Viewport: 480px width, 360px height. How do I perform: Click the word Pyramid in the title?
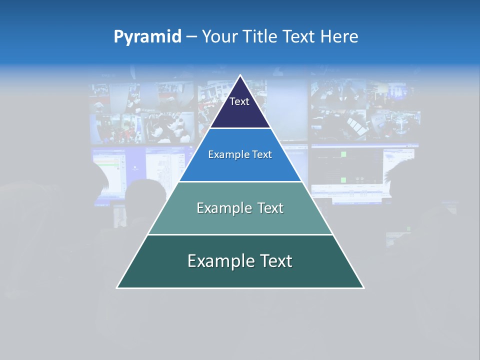(x=147, y=36)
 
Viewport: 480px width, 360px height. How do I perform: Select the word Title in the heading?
(x=261, y=36)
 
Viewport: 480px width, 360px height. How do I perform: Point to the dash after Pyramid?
(x=191, y=37)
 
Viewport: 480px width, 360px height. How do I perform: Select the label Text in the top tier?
(x=239, y=101)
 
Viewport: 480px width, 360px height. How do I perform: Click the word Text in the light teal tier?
(x=266, y=208)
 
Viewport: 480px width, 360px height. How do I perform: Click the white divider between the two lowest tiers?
(x=240, y=234)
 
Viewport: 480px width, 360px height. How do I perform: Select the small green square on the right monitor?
(x=343, y=154)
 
